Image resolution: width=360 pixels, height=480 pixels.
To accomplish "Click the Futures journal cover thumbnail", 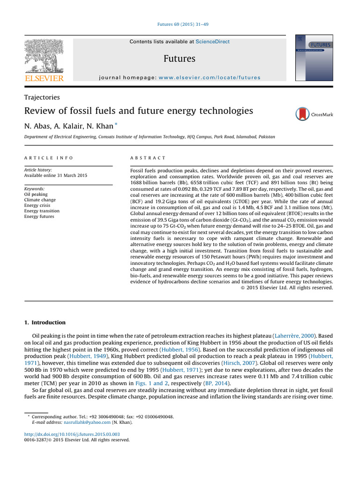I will pyautogui.click(x=314, y=58).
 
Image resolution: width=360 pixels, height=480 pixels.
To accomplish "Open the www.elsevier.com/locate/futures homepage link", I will pyautogui.click(x=209, y=77).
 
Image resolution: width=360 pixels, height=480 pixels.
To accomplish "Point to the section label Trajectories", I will pyautogui.click(x=42, y=97).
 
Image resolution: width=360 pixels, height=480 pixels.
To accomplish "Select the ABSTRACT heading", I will pyautogui.click(x=148, y=158).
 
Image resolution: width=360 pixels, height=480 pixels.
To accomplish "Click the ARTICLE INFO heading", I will pyautogui.click(x=49, y=158).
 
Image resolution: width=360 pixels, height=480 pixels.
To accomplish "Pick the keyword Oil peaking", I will pyautogui.click(x=36, y=194).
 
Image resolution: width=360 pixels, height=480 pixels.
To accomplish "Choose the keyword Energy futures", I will pyautogui.click(x=39, y=217).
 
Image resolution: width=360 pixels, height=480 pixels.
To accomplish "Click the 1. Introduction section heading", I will pyautogui.click(x=45, y=322).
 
